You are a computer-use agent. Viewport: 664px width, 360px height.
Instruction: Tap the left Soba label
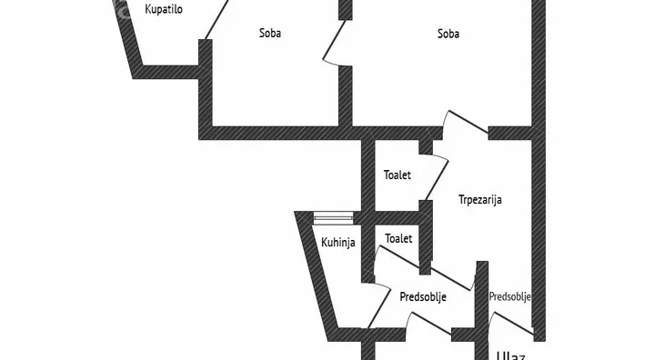270,34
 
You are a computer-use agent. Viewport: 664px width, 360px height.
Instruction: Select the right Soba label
448,34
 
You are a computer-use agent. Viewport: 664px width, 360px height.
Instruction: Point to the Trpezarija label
480,200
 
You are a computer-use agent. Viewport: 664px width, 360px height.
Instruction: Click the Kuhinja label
337,242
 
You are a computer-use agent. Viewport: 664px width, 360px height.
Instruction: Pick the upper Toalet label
397,175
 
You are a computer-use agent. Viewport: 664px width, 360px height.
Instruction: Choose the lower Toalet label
398,238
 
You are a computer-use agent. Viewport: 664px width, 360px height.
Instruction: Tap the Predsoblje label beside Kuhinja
423,295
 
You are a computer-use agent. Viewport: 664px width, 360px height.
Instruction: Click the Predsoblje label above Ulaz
509,296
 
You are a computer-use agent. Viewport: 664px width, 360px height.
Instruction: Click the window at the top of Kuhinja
333,217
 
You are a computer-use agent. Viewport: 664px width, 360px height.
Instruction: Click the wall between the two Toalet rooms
397,217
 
